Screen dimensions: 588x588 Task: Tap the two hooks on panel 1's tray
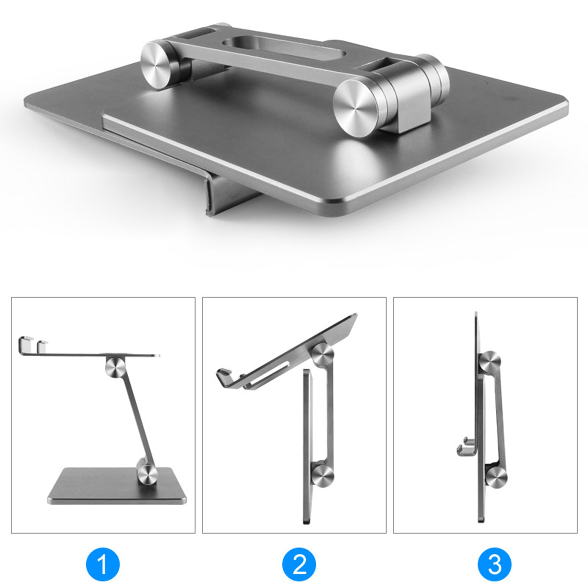[33, 343]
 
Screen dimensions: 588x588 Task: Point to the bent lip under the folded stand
[217, 191]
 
